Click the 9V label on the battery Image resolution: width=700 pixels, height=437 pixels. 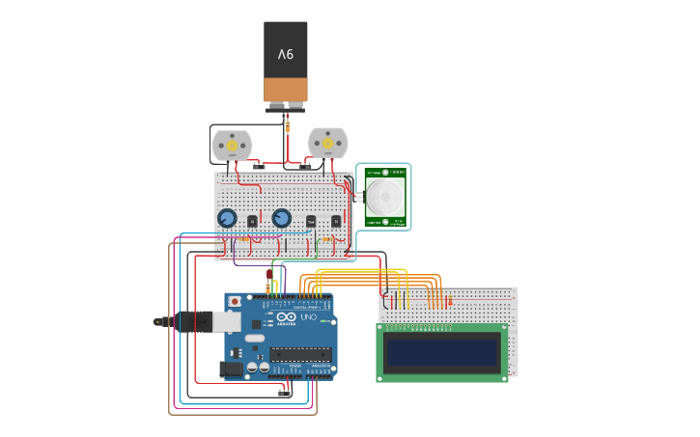pos(286,55)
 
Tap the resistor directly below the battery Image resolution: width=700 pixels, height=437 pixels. pos(287,125)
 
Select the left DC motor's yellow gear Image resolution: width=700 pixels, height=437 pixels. pos(232,146)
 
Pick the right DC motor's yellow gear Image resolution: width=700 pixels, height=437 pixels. pos(328,144)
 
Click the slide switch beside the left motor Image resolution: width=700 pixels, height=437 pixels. pos(259,166)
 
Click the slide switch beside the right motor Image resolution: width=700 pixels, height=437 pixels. pos(305,166)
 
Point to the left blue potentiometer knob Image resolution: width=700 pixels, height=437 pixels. pos(227,218)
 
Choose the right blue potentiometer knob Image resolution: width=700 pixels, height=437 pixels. pos(282,218)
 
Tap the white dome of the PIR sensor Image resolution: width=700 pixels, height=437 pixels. pos(385,197)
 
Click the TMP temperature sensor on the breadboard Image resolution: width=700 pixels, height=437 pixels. pos(311,221)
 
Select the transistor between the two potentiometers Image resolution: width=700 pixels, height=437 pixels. pos(253,221)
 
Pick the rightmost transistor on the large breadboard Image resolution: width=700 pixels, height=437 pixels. pos(336,221)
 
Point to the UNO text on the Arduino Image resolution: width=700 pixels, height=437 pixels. pos(309,316)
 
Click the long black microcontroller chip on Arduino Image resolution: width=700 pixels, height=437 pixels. pos(300,354)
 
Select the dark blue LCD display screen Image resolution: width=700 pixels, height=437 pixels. pos(442,352)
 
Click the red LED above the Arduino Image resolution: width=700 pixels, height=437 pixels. pos(268,275)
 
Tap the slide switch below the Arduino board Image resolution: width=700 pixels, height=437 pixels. pos(285,392)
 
